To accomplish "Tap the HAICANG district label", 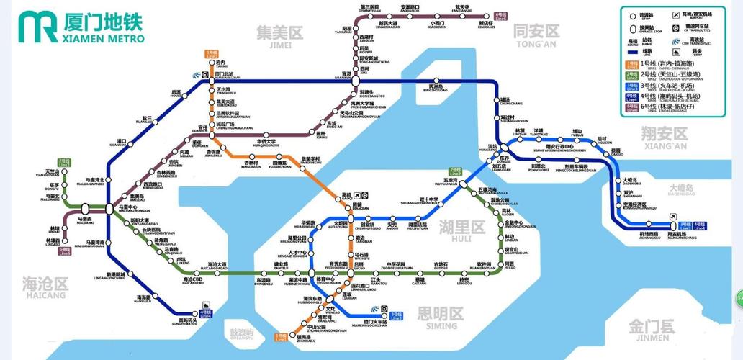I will [x=45, y=286].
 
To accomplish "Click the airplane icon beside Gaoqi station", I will [x=366, y=195].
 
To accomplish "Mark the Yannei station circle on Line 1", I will [x=212, y=64].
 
